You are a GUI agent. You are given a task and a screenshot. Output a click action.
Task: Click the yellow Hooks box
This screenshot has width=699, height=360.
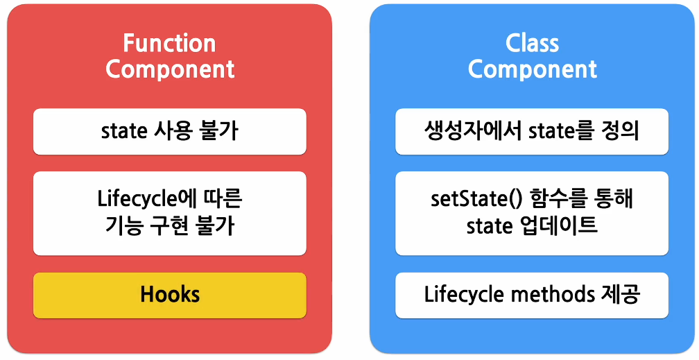point(170,295)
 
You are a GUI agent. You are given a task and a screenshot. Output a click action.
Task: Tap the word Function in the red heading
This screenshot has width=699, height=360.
point(170,44)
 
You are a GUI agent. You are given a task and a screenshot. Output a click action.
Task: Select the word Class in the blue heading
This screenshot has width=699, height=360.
point(532,44)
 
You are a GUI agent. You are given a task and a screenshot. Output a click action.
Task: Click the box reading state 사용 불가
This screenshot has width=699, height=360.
point(170,131)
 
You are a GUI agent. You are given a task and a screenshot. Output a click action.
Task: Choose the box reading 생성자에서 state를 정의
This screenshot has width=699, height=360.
point(532,131)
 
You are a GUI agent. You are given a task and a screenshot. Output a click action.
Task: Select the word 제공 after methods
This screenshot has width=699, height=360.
point(619,295)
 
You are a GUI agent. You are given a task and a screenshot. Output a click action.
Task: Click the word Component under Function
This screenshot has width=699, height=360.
point(170,69)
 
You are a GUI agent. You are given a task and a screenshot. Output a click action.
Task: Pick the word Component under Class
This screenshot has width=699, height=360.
point(532,69)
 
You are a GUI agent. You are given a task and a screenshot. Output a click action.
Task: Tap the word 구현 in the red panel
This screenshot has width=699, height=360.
point(170,226)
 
